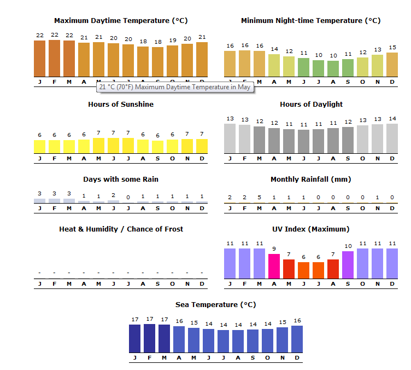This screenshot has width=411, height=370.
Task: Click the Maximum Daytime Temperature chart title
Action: (121, 21)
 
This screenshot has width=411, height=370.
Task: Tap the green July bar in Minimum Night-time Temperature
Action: (319, 68)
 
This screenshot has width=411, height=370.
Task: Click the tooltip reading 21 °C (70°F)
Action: (175, 87)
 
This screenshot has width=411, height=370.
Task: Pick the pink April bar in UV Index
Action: (274, 266)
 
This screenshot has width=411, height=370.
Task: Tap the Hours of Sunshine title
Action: (121, 104)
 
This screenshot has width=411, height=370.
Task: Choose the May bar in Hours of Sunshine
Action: (99, 146)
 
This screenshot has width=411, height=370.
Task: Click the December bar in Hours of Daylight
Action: (392, 138)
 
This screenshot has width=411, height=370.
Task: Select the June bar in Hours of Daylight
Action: (303, 141)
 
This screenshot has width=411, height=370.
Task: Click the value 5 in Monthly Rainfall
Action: (259, 198)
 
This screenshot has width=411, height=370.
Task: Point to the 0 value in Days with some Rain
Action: (128, 198)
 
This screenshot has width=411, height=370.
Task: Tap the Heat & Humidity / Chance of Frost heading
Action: (121, 229)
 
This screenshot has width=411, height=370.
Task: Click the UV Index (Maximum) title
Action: (310, 229)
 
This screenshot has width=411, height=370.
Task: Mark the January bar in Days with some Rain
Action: (40, 201)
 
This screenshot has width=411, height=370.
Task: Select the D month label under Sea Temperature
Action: (297, 358)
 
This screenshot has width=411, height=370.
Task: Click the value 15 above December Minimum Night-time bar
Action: (392, 47)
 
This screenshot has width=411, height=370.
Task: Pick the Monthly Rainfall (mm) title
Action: (310, 180)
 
